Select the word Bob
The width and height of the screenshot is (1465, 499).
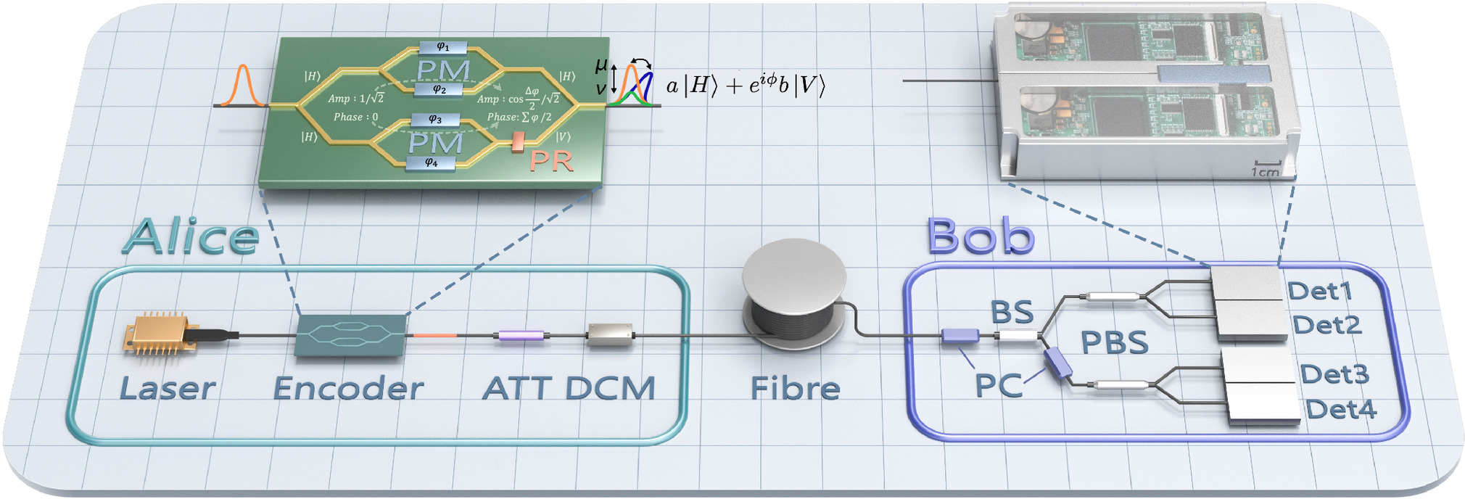[981, 236]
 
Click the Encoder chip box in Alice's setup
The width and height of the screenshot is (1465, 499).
[351, 335]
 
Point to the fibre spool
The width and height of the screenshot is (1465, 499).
[795, 294]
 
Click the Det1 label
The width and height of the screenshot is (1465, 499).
[1321, 291]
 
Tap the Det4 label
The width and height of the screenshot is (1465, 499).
[1341, 410]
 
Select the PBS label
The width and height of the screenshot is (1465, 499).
[1115, 342]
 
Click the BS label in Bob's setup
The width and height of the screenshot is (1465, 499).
[1012, 312]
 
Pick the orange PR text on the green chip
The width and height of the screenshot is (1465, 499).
[551, 160]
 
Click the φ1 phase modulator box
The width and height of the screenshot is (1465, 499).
[442, 47]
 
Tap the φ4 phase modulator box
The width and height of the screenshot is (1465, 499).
[432, 163]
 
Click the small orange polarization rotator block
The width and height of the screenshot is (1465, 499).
[518, 142]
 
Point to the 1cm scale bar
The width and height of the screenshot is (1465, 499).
[1266, 168]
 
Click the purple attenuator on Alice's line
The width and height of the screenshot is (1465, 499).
[521, 336]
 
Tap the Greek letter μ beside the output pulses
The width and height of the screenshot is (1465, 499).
[601, 65]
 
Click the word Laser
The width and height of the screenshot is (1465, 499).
[168, 389]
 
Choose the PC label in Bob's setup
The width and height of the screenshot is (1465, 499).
[999, 385]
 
